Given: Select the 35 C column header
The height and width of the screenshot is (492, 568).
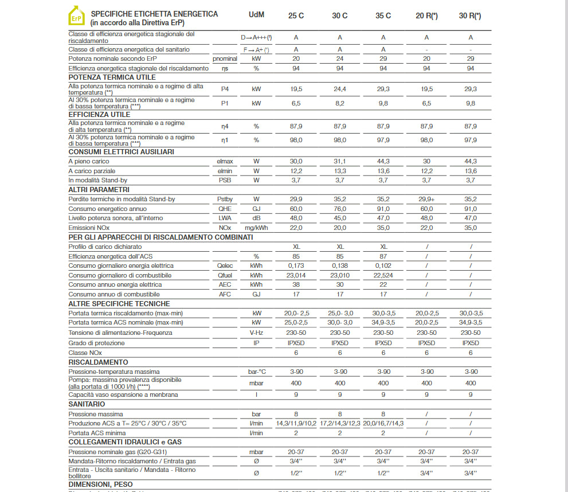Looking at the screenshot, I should [383, 15].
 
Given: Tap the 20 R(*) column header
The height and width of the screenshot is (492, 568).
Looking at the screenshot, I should [426, 15].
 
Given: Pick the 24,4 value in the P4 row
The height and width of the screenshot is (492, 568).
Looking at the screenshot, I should [340, 89].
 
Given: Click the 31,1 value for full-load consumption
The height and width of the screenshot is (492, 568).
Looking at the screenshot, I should [340, 161].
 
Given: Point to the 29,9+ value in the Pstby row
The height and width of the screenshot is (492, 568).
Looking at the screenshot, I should [426, 199].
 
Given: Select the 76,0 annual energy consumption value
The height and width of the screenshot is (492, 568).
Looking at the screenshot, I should [340, 209].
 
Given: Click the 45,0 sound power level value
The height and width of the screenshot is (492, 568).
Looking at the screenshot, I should [340, 218].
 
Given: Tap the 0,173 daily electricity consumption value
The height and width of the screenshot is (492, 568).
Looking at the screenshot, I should [296, 265].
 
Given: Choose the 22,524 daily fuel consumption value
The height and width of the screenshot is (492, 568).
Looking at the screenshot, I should [383, 275].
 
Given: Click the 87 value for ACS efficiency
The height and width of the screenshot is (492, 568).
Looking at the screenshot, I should [383, 256].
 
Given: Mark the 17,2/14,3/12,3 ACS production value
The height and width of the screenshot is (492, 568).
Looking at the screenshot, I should [340, 423].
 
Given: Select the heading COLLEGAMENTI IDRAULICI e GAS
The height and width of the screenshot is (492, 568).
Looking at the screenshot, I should [126, 442].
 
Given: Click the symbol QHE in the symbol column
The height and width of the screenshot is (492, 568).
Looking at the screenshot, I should [225, 209].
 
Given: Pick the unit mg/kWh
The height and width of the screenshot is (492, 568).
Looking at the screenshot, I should [256, 228].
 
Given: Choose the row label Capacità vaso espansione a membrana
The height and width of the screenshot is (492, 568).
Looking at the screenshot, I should [123, 395].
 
